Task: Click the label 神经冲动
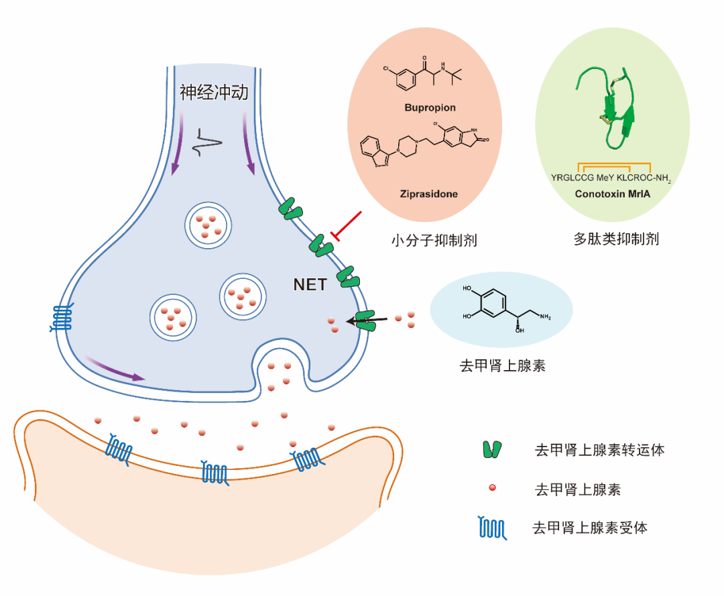(214, 93)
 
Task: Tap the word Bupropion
(430, 107)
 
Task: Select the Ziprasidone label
(430, 194)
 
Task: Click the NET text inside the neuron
(310, 285)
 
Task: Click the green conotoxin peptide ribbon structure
(610, 107)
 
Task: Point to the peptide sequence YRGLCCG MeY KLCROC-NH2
(611, 178)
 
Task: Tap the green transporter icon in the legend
(493, 450)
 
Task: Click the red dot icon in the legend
(492, 488)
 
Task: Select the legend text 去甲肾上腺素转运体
(599, 450)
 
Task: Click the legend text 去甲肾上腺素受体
(590, 528)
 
